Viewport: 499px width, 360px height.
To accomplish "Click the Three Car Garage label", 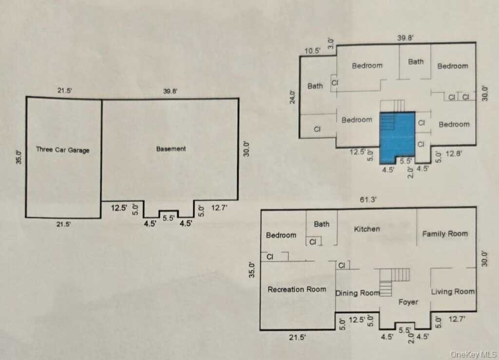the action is click(63, 150).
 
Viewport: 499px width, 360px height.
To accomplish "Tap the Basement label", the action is click(171, 149).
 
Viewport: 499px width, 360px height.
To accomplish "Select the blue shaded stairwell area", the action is click(397, 137).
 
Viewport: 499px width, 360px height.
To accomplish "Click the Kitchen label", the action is click(367, 229).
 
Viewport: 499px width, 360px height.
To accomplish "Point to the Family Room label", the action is click(445, 234).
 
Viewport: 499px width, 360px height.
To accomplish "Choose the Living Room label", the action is click(453, 292).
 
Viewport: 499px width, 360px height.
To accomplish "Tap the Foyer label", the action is click(408, 302).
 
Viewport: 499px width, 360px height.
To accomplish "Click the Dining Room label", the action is click(358, 293).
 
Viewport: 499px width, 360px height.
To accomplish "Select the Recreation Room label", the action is click(297, 289).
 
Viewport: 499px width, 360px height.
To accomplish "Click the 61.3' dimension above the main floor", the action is click(368, 200).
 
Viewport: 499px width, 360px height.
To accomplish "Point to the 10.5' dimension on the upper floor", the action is click(312, 51).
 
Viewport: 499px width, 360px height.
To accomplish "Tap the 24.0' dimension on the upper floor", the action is click(292, 97).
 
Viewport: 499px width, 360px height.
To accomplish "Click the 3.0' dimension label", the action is click(331, 43).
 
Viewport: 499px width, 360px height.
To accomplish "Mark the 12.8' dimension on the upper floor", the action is click(454, 154).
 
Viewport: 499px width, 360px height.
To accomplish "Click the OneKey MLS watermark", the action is click(473, 354).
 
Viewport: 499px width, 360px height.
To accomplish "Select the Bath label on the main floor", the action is click(322, 224).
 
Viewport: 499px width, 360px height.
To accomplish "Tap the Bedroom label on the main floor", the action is click(281, 235).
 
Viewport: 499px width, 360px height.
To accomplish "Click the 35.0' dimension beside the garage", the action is click(19, 157).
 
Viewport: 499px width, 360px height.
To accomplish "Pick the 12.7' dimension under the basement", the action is click(219, 208).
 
